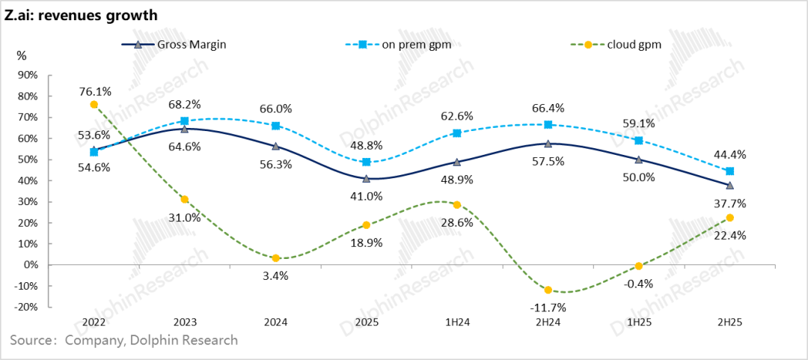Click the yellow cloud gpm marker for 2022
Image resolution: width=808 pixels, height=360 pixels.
(x=94, y=105)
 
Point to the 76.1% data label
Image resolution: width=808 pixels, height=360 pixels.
(x=95, y=91)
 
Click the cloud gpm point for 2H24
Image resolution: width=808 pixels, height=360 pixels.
(x=548, y=290)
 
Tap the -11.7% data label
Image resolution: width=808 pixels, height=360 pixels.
(x=548, y=307)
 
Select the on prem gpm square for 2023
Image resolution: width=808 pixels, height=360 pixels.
(x=185, y=120)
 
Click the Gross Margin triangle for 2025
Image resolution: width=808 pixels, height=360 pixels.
(x=367, y=179)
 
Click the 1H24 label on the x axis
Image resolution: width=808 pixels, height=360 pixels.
(x=457, y=322)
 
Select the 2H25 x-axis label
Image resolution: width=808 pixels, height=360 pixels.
(x=729, y=322)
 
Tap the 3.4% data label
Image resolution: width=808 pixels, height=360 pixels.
(x=276, y=275)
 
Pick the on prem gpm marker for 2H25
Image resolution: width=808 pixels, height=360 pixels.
(x=730, y=171)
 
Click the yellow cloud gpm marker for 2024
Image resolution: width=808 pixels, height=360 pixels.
(x=276, y=258)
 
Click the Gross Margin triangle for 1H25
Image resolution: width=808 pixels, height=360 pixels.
(x=639, y=159)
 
